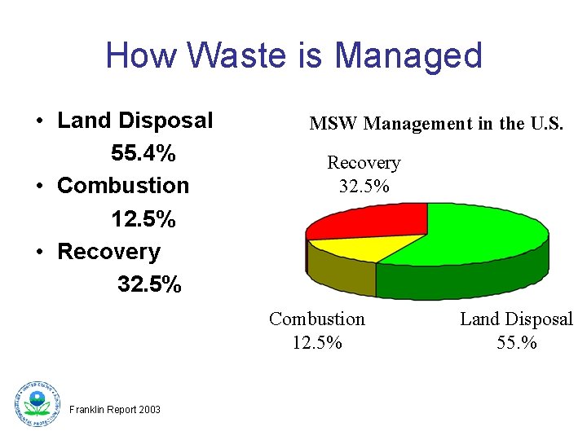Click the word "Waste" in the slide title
coord(231,55)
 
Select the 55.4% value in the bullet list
coord(143,153)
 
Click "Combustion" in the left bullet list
coord(123,186)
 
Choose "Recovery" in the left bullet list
coord(108,252)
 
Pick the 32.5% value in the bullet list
coord(149,284)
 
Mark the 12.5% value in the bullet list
coord(143,219)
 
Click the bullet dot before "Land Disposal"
coord(39,121)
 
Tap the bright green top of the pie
coord(481,236)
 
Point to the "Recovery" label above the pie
coord(364,163)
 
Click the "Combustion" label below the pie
coord(317,319)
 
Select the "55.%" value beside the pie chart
coord(517,342)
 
